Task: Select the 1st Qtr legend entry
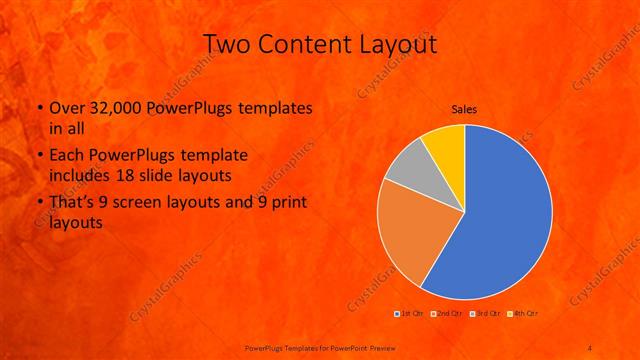click(408, 314)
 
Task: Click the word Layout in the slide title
click(395, 44)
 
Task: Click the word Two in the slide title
click(226, 44)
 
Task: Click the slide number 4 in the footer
click(590, 346)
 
